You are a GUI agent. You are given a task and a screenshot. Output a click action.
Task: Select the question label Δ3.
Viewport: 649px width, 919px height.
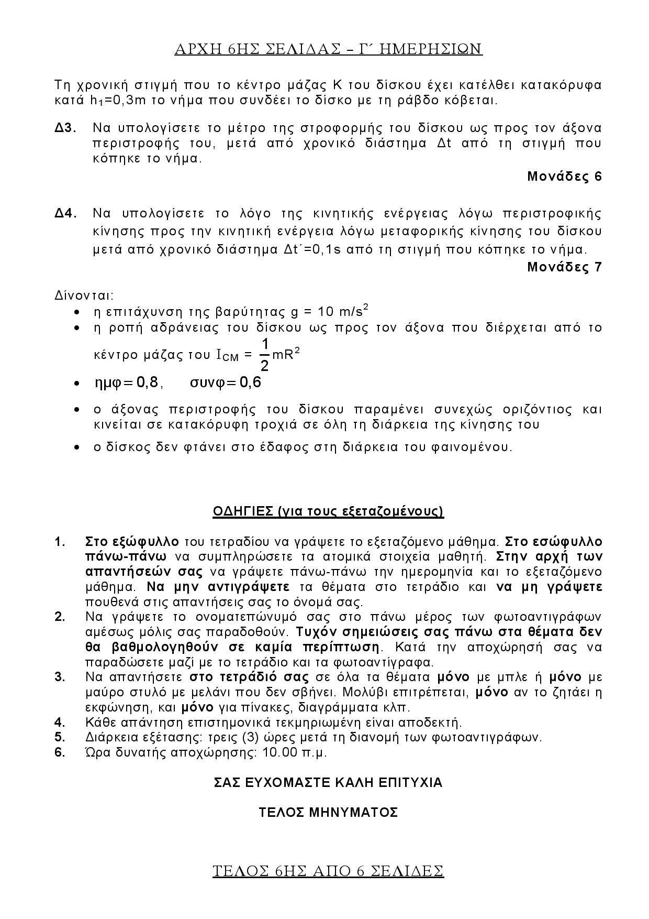coord(66,128)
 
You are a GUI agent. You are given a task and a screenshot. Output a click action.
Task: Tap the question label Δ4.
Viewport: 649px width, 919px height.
coord(66,213)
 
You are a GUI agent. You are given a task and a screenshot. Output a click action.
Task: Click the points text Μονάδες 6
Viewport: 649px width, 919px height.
coord(564,177)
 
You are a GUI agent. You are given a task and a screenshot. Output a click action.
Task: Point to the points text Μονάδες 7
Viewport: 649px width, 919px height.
coord(564,267)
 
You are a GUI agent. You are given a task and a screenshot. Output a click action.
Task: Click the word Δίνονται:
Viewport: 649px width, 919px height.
coord(84,295)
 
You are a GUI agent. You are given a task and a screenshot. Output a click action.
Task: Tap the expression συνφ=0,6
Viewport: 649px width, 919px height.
coord(226,383)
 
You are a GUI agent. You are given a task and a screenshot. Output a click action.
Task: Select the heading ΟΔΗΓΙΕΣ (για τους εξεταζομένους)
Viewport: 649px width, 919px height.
coord(328,511)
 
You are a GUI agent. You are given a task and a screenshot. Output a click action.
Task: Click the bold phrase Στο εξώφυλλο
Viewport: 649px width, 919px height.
coord(132,541)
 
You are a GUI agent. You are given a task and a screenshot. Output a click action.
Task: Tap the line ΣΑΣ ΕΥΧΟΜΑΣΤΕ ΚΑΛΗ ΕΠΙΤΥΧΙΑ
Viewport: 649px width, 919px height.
coord(328,783)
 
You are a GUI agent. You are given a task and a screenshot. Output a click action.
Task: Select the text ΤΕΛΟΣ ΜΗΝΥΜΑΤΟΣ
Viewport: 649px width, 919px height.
coord(328,813)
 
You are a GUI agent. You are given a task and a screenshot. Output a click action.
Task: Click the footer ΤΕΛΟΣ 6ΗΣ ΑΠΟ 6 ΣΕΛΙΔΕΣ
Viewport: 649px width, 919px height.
coord(328,871)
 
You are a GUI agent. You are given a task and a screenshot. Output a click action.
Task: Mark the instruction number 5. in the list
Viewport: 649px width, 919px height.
coord(60,737)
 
